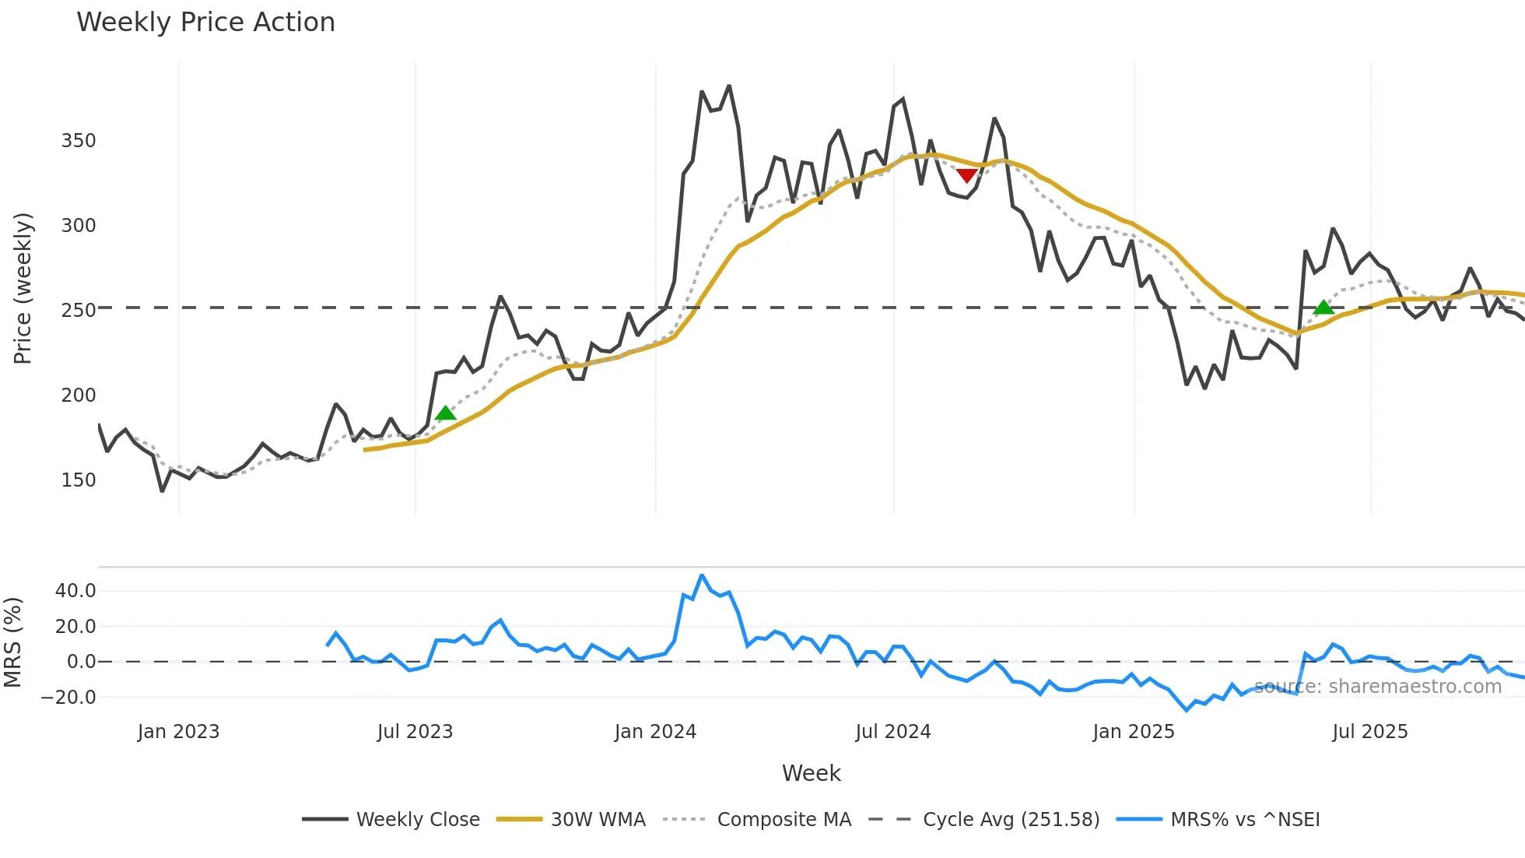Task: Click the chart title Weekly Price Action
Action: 205,23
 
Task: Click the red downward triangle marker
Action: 966,176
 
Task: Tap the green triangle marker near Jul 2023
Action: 445,413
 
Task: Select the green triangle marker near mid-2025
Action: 1323,308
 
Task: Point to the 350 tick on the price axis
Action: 79,141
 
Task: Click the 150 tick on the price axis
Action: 79,480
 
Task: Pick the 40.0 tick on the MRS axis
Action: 75,591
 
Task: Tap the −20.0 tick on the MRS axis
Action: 68,698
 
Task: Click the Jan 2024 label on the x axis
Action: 655,732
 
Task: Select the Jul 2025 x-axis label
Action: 1369,732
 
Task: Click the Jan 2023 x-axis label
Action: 178,732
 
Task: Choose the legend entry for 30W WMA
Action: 598,820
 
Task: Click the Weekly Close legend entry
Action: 418,820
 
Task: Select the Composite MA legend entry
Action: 784,820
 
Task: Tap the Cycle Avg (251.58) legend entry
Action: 1011,820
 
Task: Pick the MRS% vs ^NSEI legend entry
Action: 1245,820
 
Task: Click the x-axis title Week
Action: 811,773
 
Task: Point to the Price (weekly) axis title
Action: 23,288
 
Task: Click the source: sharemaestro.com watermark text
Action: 1377,687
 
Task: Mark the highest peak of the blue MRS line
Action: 702,575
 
